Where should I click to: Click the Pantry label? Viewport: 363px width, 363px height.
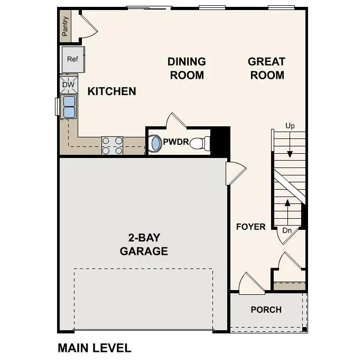tap(66, 26)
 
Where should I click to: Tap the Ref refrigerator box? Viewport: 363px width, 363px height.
tap(72, 60)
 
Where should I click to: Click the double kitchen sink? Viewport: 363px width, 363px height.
tap(69, 106)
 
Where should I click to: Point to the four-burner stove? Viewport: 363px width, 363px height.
tap(112, 145)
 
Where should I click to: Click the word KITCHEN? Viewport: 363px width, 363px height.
tap(111, 91)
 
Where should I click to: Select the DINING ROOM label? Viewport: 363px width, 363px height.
tap(187, 68)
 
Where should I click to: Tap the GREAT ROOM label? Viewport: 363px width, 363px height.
tap(267, 68)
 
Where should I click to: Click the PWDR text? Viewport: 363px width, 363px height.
tap(173, 142)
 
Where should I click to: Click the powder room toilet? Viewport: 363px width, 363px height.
tap(200, 143)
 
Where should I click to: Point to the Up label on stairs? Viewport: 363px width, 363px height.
tap(290, 126)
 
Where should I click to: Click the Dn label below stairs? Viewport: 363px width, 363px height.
tap(287, 230)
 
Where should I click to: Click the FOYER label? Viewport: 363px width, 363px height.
tap(250, 227)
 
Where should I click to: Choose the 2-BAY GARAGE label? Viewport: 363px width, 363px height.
tap(144, 244)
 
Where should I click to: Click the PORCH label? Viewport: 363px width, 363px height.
tap(266, 310)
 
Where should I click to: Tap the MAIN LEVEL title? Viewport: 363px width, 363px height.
tap(94, 348)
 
